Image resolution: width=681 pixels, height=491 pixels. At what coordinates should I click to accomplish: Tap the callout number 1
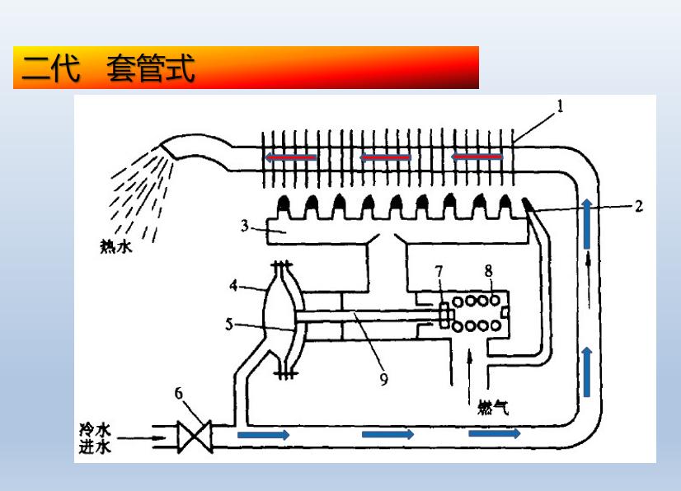click(x=559, y=105)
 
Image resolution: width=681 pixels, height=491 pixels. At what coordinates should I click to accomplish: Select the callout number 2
click(x=638, y=206)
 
